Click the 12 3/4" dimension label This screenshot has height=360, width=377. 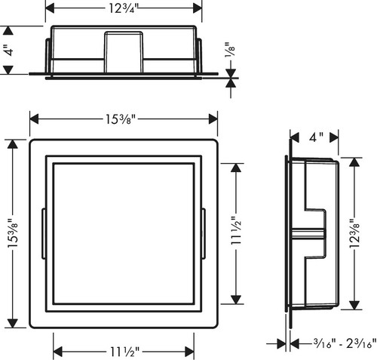tap(124, 8)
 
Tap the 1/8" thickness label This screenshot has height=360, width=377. tap(230, 50)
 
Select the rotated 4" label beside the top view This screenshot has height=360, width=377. tap(9, 50)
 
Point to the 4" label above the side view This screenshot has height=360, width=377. tap(316, 137)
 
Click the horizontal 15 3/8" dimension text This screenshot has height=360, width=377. tap(121, 119)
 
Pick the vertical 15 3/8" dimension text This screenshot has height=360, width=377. tap(13, 233)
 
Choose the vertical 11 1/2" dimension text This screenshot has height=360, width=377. tap(236, 231)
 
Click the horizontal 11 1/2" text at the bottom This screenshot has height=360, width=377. tap(124, 352)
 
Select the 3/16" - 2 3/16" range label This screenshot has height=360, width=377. tap(345, 343)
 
